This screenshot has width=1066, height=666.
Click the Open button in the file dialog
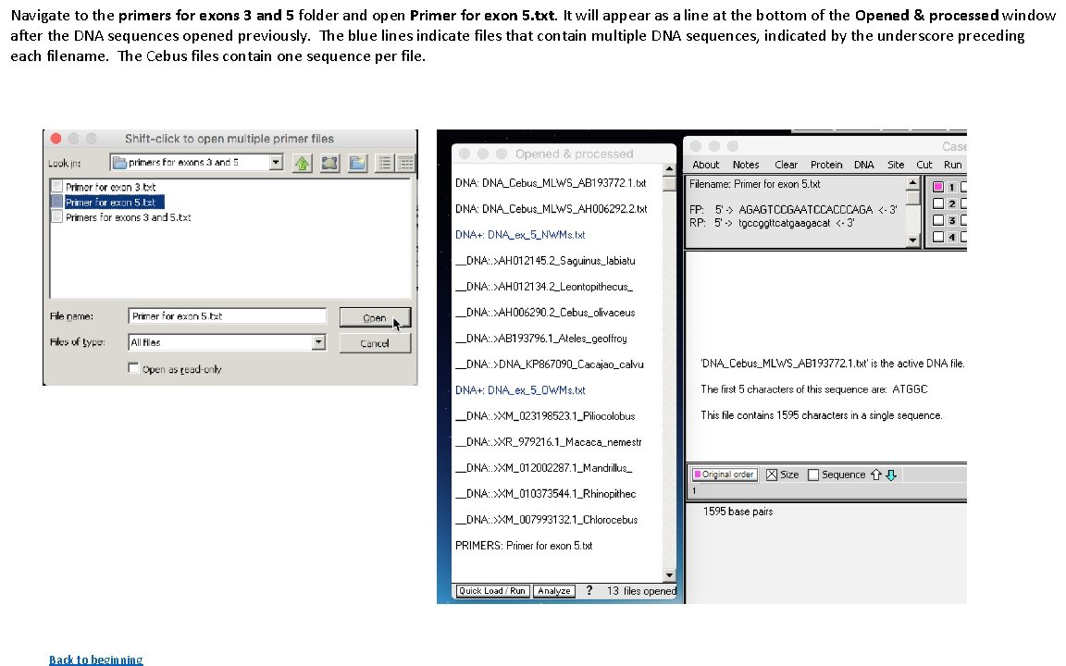coord(374,317)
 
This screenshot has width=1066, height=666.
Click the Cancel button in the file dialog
coord(374,343)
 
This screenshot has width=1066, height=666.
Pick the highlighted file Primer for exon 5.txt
coord(110,202)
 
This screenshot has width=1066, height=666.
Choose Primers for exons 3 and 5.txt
coord(128,217)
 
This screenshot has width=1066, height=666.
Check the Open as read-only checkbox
coord(134,369)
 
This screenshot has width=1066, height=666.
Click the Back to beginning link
coord(95,660)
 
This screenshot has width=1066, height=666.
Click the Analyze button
coord(553,591)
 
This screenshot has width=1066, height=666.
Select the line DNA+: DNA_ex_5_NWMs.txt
coord(520,235)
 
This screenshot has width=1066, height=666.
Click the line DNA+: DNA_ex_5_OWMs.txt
coord(520,390)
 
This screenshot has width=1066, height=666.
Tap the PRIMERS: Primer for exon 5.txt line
coord(524,546)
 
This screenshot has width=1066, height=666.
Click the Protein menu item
coord(826,165)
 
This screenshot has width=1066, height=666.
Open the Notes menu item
coord(746,165)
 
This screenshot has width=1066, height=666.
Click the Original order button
coord(725,475)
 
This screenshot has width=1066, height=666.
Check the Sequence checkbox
coord(813,475)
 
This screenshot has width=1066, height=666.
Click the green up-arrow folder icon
coord(303,163)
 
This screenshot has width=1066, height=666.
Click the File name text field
coord(227,316)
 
